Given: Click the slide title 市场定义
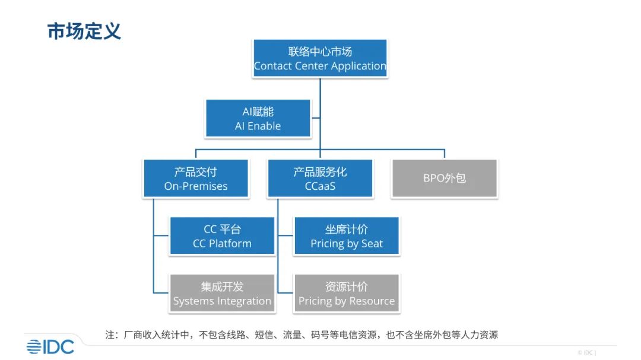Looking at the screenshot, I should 84,31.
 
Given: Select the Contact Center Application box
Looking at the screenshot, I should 320,59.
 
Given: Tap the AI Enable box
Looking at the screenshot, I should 258,119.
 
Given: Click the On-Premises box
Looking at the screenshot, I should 196,179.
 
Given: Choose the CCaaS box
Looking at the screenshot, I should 320,179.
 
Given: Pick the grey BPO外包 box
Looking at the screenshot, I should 445,179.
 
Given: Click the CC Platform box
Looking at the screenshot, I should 222,236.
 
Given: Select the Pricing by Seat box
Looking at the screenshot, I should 347,236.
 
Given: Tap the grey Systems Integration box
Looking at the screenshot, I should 222,294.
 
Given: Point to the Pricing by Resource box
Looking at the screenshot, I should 347,294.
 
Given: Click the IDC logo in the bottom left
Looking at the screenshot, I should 50,346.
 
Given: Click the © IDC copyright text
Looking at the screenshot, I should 586,352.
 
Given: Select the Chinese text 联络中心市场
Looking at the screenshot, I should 320,52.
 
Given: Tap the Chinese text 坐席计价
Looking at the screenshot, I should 347,230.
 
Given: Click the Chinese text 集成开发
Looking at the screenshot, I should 222,287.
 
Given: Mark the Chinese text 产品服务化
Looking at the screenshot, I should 320,172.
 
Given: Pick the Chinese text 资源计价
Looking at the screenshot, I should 347,287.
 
